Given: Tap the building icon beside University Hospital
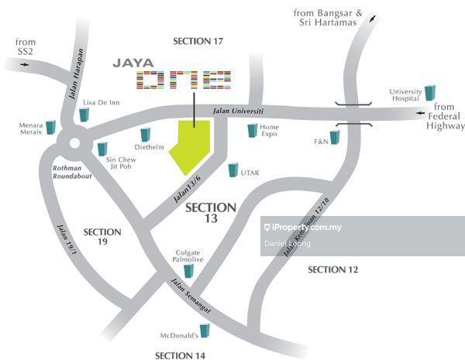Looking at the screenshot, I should point(430,93).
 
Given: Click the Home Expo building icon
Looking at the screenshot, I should point(252,130).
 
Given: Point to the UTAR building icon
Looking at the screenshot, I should point(232,170).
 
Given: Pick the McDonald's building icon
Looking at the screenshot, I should point(205,331).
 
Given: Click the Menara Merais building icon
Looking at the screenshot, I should point(51,126).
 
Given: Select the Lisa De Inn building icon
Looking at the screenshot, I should point(83,114).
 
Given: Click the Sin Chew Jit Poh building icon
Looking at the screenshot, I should point(102,148).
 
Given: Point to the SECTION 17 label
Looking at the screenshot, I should point(198,41).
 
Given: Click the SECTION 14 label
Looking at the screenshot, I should point(180,355).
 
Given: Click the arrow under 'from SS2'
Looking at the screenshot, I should point(25,64).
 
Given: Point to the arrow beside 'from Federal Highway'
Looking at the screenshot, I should point(425,108).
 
